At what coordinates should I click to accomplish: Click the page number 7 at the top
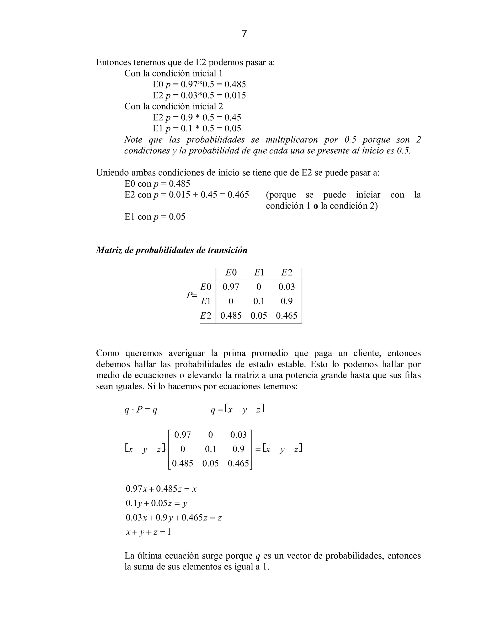tap(244, 34)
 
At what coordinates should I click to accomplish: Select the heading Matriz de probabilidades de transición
tap(171, 250)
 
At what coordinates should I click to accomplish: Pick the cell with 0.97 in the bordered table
tap(231, 287)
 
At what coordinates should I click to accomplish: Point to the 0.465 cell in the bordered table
tap(287, 316)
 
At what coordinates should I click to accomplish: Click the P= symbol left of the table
tap(191, 295)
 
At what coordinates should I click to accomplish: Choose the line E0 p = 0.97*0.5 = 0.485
tap(199, 84)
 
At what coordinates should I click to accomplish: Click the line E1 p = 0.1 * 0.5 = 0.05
tap(197, 129)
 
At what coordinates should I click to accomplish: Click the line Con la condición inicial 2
tap(174, 106)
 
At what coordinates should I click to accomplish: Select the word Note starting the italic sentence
tap(133, 140)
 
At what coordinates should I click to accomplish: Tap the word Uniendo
tap(112, 173)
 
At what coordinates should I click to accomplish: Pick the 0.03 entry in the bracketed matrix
tap(238, 435)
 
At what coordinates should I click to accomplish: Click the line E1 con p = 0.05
tap(155, 217)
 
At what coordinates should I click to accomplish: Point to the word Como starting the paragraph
tap(107, 353)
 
